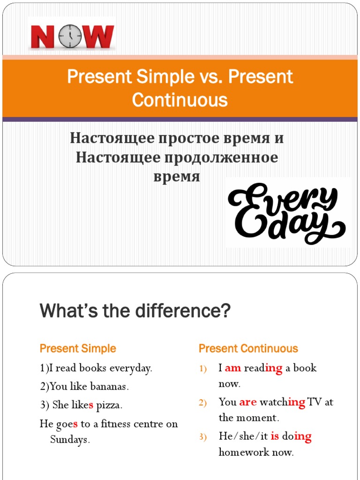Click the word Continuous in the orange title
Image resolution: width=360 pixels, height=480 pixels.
pyautogui.click(x=180, y=100)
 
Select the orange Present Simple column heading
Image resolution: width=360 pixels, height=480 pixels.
pyautogui.click(x=78, y=349)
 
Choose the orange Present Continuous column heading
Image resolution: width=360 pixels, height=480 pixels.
pyautogui.click(x=248, y=349)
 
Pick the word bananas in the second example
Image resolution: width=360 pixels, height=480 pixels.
pyautogui.click(x=110, y=387)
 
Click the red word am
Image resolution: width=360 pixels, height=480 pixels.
pyautogui.click(x=233, y=368)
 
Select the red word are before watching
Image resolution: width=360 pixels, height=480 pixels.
pyautogui.click(x=248, y=402)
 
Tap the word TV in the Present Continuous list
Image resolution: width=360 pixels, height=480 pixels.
pyautogui.click(x=315, y=402)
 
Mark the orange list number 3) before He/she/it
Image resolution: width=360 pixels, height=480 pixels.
pyautogui.click(x=202, y=437)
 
